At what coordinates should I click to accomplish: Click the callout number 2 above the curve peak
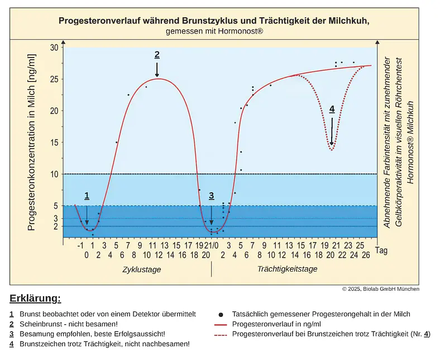click(157, 55)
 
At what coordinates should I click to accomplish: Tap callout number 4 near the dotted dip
click(332, 110)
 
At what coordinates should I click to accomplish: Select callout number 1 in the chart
click(87, 196)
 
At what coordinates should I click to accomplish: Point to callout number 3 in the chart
click(211, 196)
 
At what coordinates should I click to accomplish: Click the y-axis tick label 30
click(54, 48)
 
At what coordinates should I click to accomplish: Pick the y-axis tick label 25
click(54, 79)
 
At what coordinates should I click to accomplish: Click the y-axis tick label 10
click(54, 174)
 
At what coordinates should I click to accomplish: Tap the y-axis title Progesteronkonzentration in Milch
click(32, 143)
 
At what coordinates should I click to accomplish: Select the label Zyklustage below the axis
click(142, 269)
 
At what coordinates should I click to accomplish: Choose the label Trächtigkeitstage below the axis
click(287, 269)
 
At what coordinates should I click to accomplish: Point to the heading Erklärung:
click(35, 297)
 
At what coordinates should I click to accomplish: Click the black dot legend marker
click(222, 315)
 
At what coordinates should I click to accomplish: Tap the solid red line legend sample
click(222, 324)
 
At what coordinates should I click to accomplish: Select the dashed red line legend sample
click(222, 334)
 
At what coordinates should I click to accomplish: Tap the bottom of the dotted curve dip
click(332, 150)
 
